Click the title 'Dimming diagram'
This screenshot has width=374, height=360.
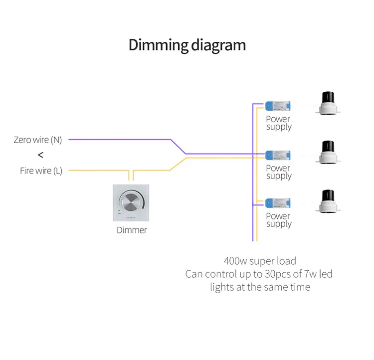tap(187, 45)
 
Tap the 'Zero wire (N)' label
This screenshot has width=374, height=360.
tap(38, 140)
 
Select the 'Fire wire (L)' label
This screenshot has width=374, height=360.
tap(41, 171)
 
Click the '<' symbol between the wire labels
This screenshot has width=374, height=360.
tap(40, 155)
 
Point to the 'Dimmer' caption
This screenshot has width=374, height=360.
tap(132, 230)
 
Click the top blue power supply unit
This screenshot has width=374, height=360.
tap(278, 106)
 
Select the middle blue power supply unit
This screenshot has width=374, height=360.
tap(278, 155)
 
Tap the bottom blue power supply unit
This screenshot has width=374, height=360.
tap(278, 203)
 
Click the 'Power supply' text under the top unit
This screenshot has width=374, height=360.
tap(278, 123)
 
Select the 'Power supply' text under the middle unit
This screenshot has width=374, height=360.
tap(278, 172)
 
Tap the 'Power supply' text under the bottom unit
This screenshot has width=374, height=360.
tap(278, 220)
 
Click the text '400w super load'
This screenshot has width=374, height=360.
tap(260, 261)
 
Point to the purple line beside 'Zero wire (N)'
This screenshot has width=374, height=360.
tap(120, 140)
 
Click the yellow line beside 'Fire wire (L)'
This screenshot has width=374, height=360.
tap(95, 171)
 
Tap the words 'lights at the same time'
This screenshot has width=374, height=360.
tap(260, 287)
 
